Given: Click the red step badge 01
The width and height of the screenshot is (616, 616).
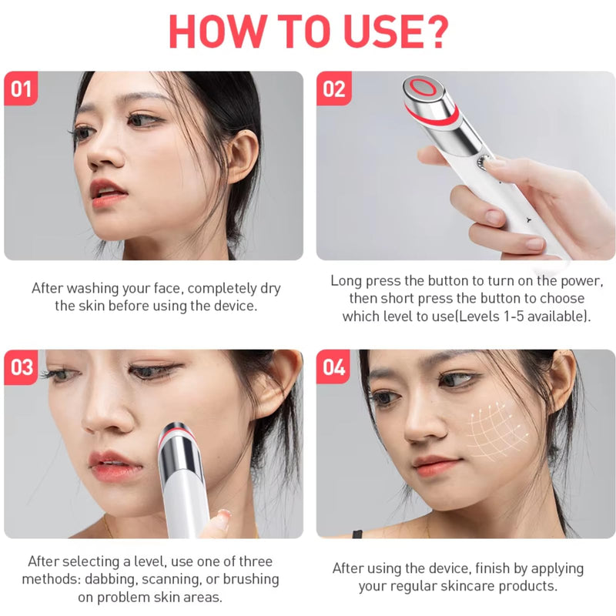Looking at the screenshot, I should (x=21, y=89).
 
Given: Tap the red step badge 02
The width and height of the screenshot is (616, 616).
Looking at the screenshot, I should (x=333, y=89).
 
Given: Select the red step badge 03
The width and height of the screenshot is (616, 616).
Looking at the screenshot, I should (x=21, y=367).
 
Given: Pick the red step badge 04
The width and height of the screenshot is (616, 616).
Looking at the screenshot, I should (x=333, y=367).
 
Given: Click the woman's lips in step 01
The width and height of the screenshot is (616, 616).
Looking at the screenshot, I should (x=107, y=192).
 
